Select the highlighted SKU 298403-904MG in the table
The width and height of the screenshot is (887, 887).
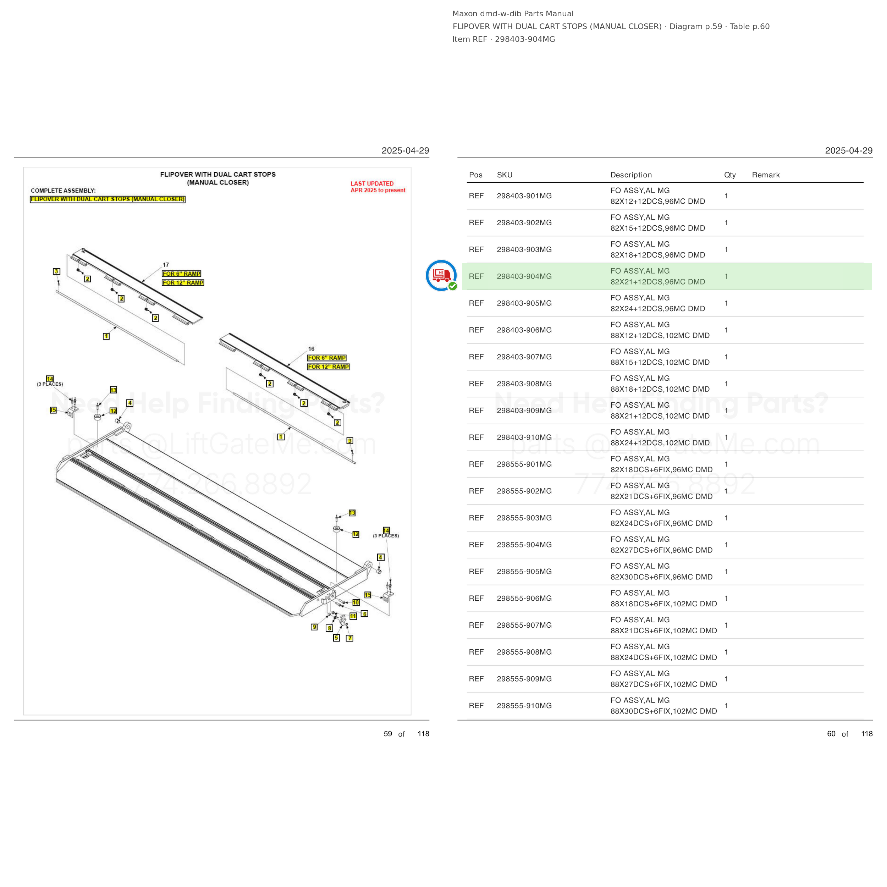[x=524, y=276]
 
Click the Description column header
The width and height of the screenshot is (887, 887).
[x=631, y=175]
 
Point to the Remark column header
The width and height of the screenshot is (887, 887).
[x=766, y=175]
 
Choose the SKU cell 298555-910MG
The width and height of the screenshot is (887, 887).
[x=524, y=706]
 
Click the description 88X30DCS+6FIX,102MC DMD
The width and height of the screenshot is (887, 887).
[x=663, y=711]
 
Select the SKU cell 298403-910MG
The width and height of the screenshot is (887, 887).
[x=524, y=437]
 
